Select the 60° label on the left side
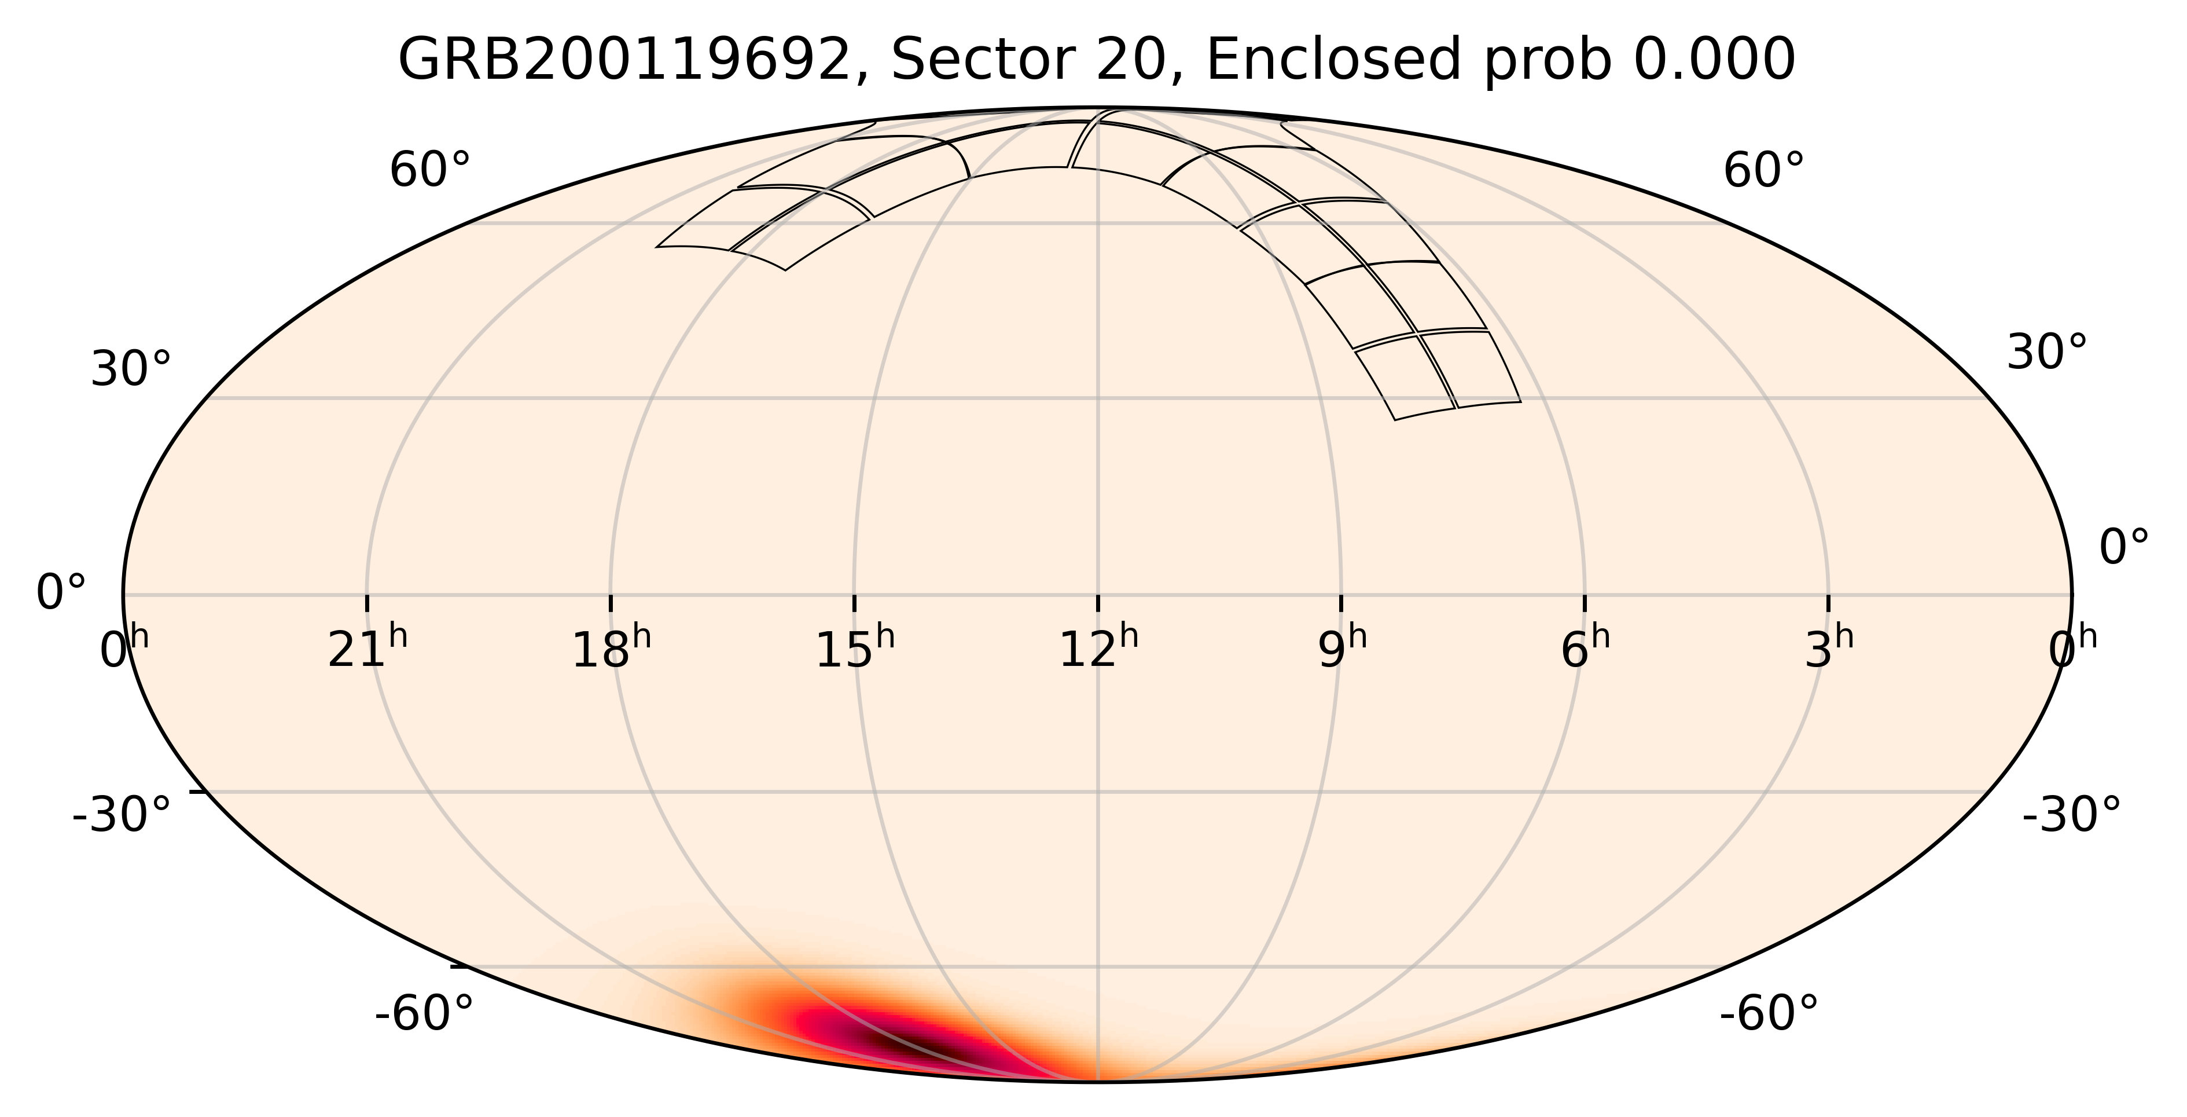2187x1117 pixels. pos(429,171)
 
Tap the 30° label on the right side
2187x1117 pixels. pos(2046,353)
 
